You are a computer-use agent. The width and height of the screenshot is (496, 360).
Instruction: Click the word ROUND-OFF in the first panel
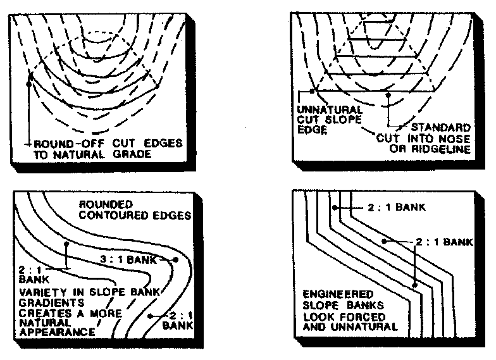[x=62, y=143]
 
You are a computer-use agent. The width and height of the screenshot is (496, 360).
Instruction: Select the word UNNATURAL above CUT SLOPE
[x=320, y=109]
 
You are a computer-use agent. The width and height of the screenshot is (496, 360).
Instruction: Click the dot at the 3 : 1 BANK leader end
[x=175, y=259]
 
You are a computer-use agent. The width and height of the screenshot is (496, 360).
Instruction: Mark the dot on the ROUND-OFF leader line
[x=29, y=80]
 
